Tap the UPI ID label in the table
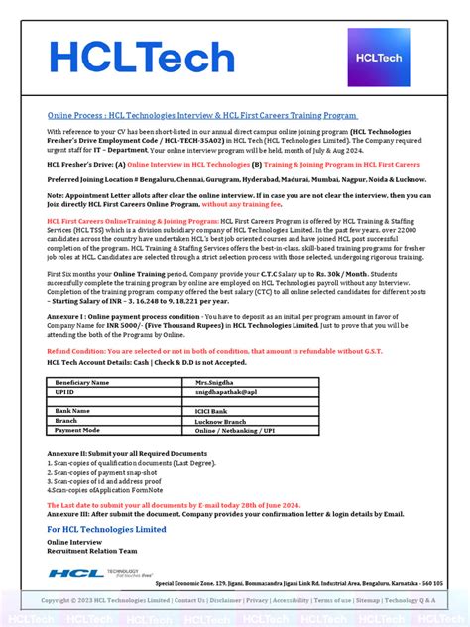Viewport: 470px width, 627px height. coord(66,392)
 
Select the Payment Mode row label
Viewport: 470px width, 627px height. coord(79,430)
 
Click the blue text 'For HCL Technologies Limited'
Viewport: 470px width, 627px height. coord(107,529)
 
